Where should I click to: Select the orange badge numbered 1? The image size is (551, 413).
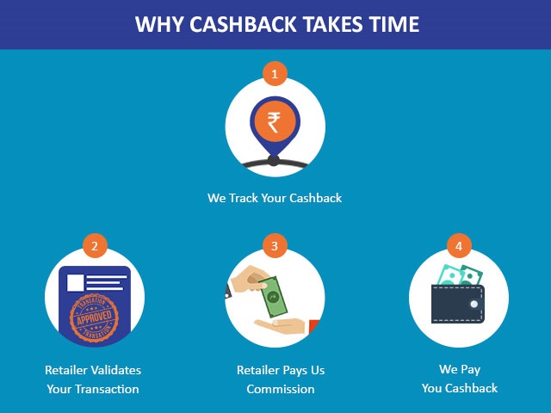click(x=275, y=74)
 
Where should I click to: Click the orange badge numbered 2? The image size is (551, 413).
click(x=95, y=246)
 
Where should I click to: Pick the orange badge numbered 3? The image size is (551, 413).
click(x=275, y=246)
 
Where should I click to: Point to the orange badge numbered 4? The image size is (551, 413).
click(x=459, y=246)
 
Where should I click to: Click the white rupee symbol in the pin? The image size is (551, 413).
click(x=274, y=122)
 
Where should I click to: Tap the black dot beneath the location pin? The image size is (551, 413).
click(x=274, y=161)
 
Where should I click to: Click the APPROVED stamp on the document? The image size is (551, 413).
click(x=94, y=318)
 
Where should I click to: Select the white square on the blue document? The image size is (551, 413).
click(x=76, y=283)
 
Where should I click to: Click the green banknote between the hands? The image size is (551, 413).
click(x=274, y=297)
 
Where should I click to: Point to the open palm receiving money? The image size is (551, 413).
click(x=282, y=326)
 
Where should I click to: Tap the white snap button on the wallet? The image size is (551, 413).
click(x=474, y=304)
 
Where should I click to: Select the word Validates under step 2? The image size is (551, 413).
click(x=115, y=370)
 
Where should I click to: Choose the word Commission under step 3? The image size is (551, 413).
click(x=281, y=389)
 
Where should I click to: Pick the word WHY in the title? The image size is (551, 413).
click(x=159, y=24)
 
